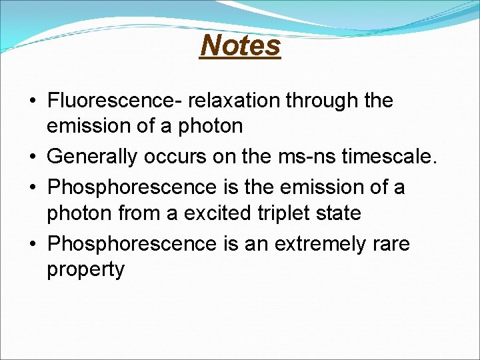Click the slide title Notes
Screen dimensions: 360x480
tap(240, 45)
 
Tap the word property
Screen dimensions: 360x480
tap(85, 270)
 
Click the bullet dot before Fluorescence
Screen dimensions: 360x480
tap(33, 101)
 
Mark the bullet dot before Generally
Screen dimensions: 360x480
tap(33, 157)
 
